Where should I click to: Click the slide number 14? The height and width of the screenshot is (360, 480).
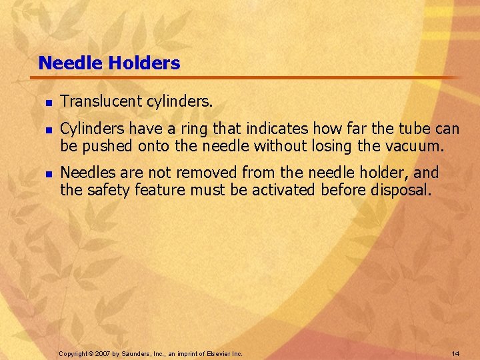455,353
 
